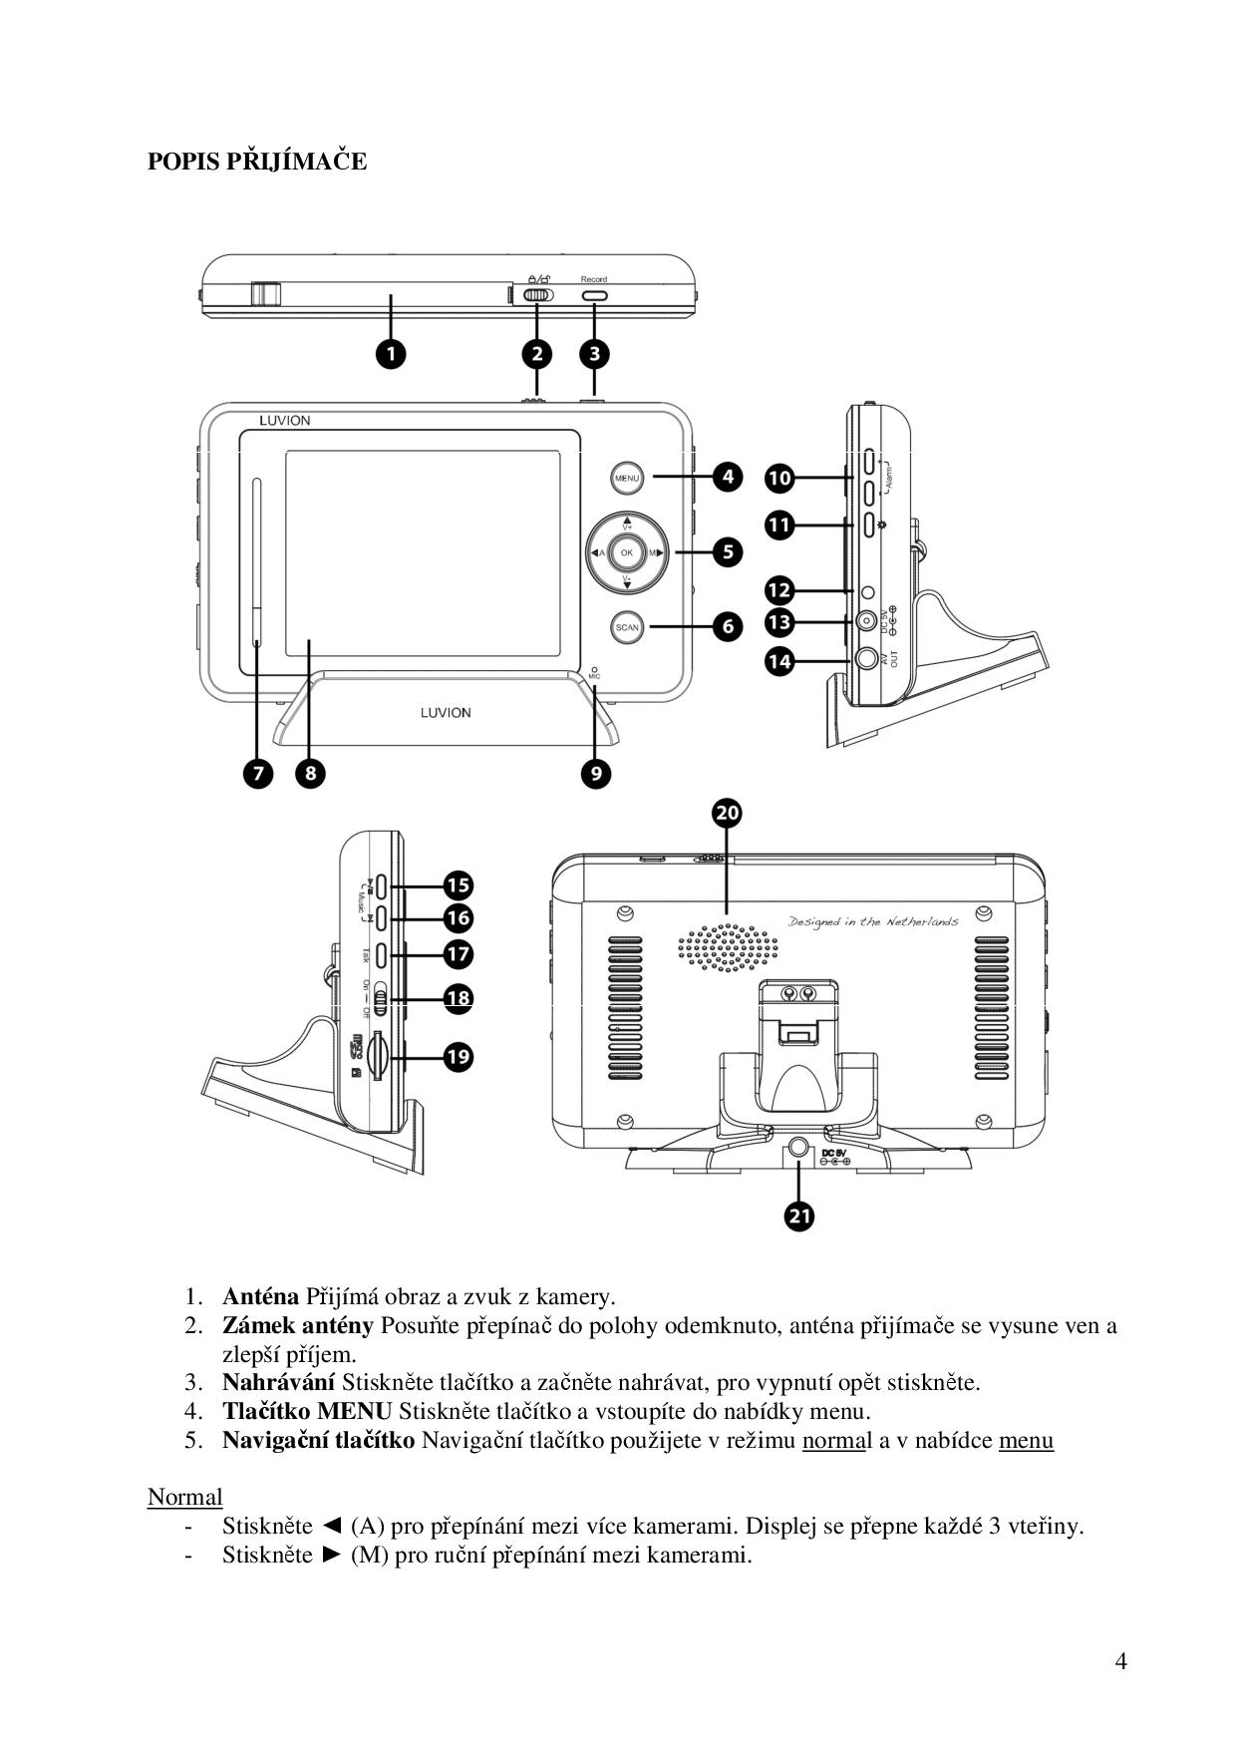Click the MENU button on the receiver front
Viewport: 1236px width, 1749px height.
pos(626,478)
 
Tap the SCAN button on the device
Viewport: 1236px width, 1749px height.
pos(626,627)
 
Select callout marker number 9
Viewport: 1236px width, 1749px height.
pos(595,773)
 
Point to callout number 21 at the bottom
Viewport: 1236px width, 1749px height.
pos(799,1216)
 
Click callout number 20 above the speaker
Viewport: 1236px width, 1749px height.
pos(728,814)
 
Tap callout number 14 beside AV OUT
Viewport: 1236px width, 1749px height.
pos(779,659)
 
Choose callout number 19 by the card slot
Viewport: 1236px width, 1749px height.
pos(458,1057)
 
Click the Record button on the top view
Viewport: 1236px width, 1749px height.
pos(594,296)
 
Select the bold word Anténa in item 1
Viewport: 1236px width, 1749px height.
pos(260,1296)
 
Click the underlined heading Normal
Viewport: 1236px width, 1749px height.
pos(184,1497)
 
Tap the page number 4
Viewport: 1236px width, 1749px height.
pos(1121,1660)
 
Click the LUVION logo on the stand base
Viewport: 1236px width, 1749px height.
pos(446,713)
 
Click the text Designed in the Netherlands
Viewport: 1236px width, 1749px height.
pos(873,920)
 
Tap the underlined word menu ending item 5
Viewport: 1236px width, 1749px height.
pos(1026,1440)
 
